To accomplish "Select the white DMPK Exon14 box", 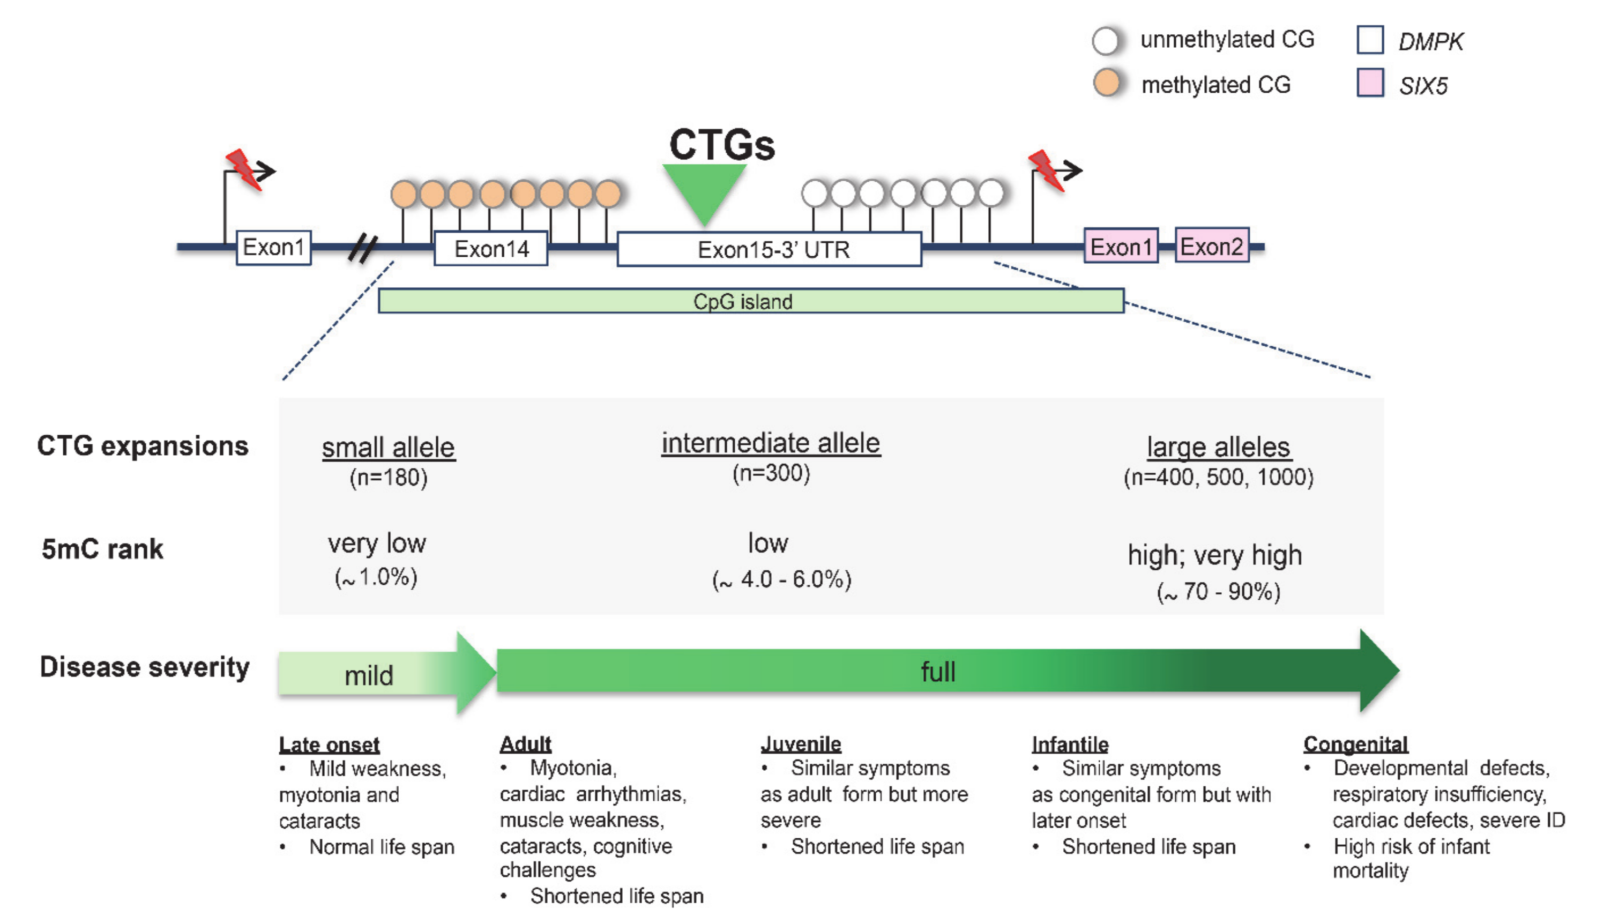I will coord(490,249).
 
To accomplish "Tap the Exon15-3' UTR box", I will coord(769,249).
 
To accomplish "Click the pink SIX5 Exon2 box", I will coord(1211,246).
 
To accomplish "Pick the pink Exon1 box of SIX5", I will coord(1121,246).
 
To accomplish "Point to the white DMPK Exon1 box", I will coord(273,247).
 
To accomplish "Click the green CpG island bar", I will coord(750,301).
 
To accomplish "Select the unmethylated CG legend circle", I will coord(1106,40).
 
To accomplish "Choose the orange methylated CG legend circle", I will coord(1107,83).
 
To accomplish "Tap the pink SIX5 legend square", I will coord(1369,83).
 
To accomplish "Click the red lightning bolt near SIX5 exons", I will coord(1046,169).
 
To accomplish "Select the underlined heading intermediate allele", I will coord(771,443).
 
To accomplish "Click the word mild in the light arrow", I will coord(368,676).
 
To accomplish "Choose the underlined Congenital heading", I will coord(1355,743).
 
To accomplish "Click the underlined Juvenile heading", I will coord(801,743).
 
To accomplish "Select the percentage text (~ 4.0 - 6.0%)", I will coord(781,579).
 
